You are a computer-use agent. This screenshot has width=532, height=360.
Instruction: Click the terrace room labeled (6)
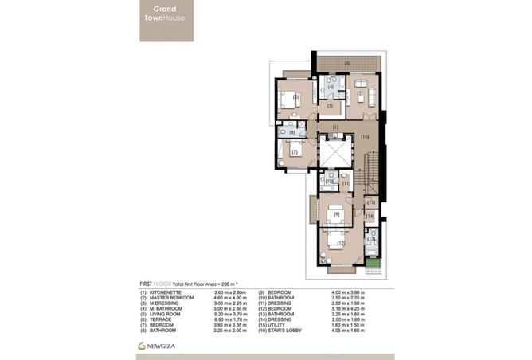[x=346, y=63]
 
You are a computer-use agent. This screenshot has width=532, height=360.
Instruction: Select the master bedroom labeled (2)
[x=295, y=99]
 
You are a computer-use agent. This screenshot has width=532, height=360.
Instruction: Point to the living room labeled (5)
[x=360, y=94]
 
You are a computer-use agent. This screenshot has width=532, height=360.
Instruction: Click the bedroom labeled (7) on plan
[x=294, y=152]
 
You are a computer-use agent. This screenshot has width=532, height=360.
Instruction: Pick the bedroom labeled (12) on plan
[x=341, y=243]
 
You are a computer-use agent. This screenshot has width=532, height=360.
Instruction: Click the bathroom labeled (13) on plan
[x=371, y=239]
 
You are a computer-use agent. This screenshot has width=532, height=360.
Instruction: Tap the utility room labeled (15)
[x=371, y=202]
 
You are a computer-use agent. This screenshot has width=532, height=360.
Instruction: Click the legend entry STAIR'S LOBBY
[x=284, y=332]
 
